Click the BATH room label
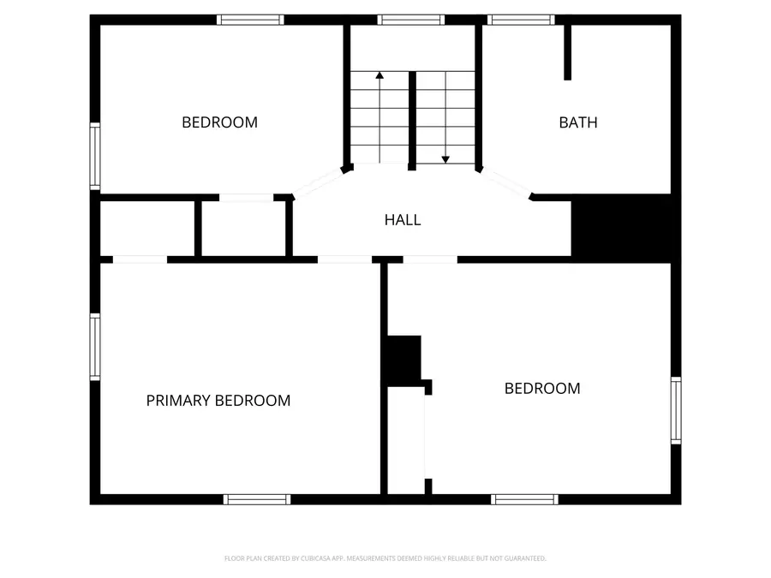tap(578, 122)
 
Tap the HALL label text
tap(403, 220)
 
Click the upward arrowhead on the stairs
tap(380, 75)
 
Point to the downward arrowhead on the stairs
tap(445, 160)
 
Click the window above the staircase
tap(411, 20)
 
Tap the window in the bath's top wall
tap(521, 20)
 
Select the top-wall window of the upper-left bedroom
tap(250, 20)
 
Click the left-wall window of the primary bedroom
tap(95, 347)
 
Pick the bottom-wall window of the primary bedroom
tap(257, 499)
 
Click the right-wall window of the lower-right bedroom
tap(676, 410)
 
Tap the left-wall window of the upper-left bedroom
tap(95, 157)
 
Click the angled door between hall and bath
tap(506, 183)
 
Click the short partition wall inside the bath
tap(567, 52)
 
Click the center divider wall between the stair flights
tap(413, 121)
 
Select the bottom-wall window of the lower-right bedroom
tap(524, 499)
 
